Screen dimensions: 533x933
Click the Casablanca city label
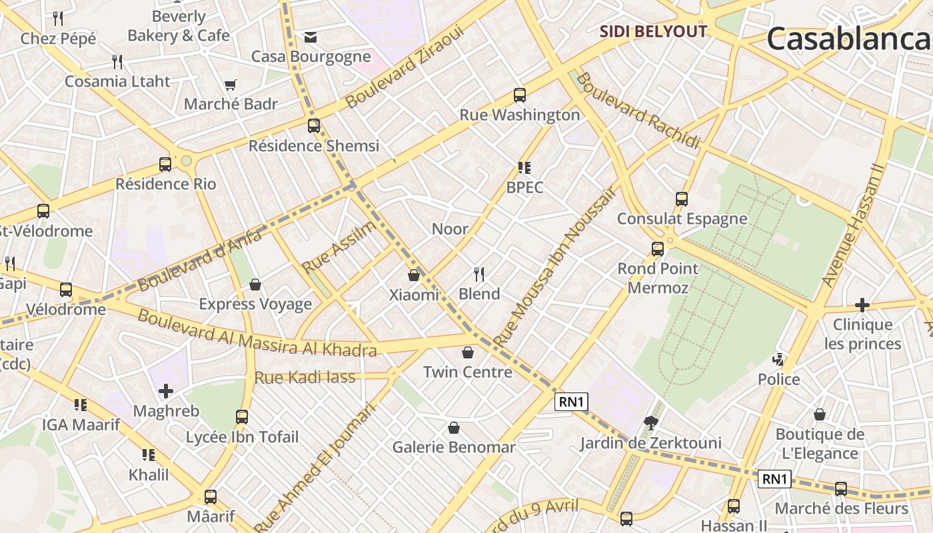click(x=850, y=39)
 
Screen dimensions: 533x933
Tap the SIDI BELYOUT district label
click(x=652, y=31)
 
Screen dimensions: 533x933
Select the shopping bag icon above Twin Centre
click(x=468, y=352)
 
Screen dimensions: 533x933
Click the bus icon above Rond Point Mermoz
click(x=658, y=249)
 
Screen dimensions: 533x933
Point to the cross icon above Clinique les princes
click(x=862, y=305)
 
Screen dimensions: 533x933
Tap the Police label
click(x=778, y=379)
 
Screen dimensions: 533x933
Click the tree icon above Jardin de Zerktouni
click(x=650, y=422)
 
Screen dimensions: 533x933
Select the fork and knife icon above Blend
click(x=478, y=273)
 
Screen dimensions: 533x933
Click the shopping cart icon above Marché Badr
click(x=231, y=85)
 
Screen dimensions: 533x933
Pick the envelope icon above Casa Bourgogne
click(x=311, y=37)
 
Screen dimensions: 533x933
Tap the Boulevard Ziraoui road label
click(x=404, y=67)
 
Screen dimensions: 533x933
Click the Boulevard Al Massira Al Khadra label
click(x=257, y=333)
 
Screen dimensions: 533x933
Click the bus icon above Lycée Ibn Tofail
click(x=242, y=417)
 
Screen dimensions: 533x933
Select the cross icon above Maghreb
click(x=166, y=391)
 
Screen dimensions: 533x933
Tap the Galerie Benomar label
click(x=454, y=447)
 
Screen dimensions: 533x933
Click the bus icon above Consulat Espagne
click(x=681, y=199)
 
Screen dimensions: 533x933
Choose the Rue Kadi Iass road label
click(x=305, y=378)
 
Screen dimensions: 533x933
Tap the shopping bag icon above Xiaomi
click(x=414, y=274)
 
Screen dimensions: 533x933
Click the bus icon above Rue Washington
click(x=519, y=95)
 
